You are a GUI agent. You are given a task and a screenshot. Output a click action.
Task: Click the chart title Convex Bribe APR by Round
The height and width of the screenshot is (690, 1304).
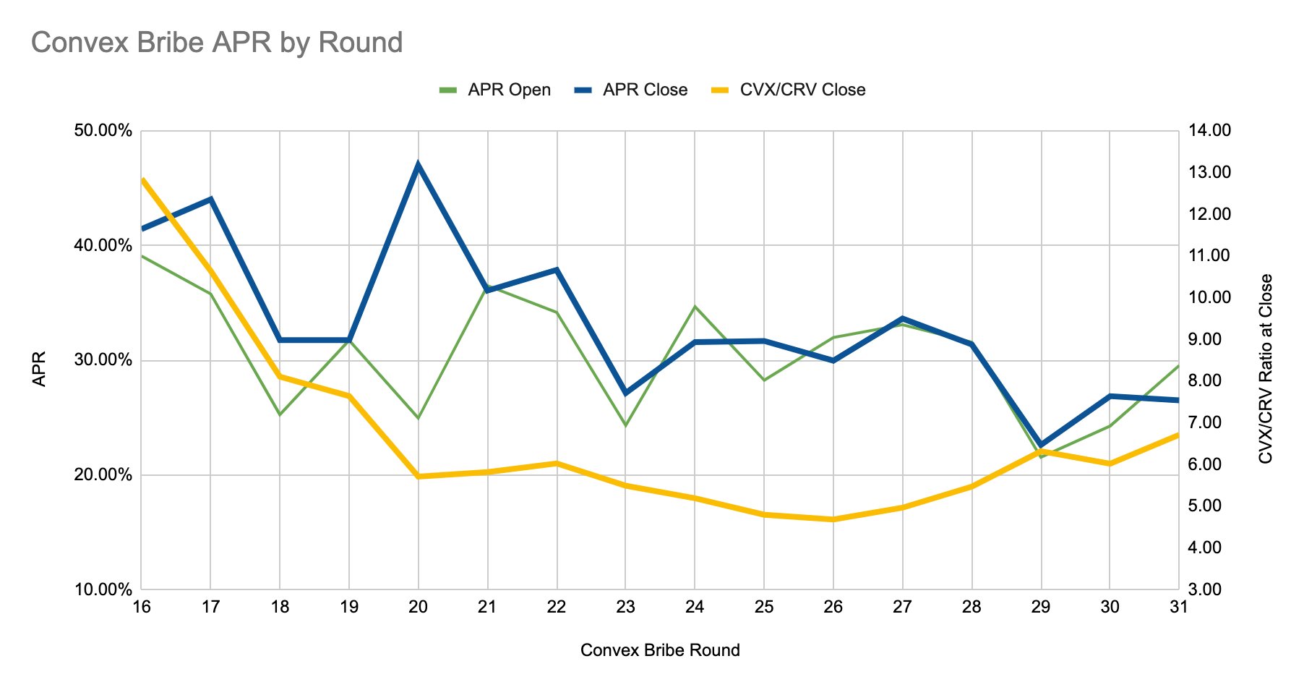point(217,43)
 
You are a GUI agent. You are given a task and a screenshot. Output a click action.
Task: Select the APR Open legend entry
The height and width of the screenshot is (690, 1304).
point(495,90)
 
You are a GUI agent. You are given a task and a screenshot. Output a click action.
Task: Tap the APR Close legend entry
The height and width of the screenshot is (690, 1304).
point(631,90)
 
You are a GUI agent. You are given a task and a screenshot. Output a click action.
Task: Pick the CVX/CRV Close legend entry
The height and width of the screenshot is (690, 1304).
point(789,90)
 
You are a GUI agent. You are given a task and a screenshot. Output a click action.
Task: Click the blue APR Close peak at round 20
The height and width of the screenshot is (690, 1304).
point(419,164)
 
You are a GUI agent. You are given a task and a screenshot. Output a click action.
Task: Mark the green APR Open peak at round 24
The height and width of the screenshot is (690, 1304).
point(695,307)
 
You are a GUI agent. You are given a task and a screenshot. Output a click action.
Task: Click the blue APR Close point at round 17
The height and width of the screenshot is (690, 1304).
point(210,199)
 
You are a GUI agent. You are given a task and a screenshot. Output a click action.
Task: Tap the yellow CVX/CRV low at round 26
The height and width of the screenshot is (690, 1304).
point(833,519)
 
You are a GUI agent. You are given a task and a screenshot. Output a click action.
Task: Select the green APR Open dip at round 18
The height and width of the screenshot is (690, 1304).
point(280,414)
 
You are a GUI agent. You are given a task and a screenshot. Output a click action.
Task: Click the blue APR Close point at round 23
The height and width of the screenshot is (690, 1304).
point(625,393)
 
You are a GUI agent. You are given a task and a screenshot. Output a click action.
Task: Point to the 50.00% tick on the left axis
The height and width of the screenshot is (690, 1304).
point(103,131)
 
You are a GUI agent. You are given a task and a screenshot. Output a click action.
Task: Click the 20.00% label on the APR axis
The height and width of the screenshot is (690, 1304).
point(103,475)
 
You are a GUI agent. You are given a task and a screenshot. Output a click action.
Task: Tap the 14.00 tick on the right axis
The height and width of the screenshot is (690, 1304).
point(1209,131)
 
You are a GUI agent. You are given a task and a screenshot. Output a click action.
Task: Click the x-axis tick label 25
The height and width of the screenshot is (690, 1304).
point(764,607)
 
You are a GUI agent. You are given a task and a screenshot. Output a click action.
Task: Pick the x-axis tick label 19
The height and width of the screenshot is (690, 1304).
point(349,607)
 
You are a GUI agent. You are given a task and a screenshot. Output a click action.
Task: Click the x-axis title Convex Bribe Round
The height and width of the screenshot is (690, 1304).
point(660,650)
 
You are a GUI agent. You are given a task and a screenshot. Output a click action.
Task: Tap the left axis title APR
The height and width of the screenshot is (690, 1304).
point(40,369)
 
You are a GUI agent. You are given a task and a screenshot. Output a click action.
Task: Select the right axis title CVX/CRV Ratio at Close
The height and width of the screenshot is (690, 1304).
point(1265,369)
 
